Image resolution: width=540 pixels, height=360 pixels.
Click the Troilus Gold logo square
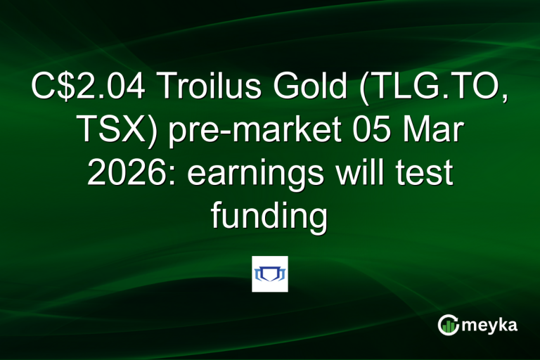270,274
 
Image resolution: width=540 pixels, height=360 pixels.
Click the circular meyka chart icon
448,325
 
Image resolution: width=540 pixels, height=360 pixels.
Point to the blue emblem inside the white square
270,274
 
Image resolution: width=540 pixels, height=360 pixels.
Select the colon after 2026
161,176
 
